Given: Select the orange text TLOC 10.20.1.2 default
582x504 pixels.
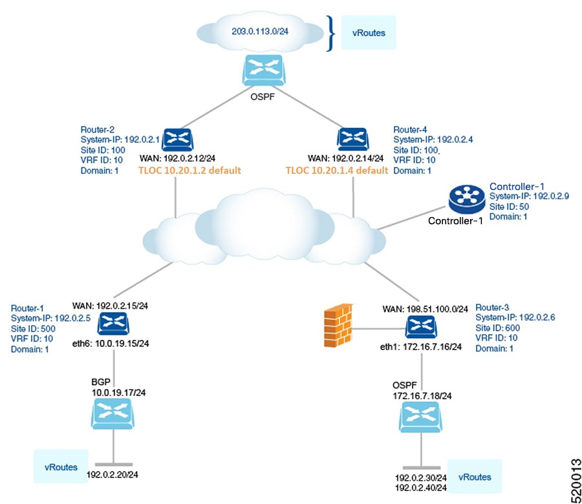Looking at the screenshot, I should pyautogui.click(x=190, y=171).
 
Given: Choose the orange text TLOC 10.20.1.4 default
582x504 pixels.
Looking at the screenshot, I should pyautogui.click(x=337, y=171).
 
